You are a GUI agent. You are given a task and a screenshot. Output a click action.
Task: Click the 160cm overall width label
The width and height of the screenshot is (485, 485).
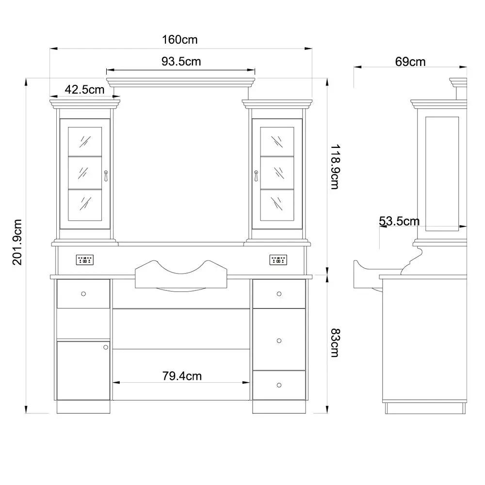pos(180,40)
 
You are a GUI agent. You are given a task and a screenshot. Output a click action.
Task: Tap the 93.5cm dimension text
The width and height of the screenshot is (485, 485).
pos(181,61)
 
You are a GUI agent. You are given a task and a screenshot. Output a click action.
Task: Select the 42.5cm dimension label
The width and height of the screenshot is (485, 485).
pos(84,89)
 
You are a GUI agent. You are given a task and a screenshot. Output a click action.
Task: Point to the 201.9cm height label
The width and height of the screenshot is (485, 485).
pos(17,242)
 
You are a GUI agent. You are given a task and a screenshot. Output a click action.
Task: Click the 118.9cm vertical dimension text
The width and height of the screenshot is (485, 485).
pos(335,167)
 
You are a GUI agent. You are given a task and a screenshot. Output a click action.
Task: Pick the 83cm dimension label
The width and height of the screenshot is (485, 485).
pos(335,343)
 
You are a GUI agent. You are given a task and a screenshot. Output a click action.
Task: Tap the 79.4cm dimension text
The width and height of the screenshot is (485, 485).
pos(182,376)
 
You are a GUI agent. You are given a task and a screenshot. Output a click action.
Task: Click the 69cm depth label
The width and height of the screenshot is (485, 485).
pos(410,62)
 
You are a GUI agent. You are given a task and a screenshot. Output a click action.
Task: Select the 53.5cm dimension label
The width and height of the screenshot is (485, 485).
pos(399,221)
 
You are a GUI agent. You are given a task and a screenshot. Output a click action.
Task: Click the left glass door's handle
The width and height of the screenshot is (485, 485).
pos(106,176)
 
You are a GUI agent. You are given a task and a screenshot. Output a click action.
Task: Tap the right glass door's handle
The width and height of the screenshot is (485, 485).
pos(256,176)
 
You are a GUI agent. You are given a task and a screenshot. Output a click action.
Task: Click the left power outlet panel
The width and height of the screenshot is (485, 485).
pos(85,260)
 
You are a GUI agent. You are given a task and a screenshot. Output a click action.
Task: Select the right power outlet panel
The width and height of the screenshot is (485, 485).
pos(278,260)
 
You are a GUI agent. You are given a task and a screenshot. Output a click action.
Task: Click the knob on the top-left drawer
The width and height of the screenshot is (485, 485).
pos(83,294)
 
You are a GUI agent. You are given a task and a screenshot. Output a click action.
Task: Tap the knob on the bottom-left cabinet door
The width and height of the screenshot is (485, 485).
pos(106,347)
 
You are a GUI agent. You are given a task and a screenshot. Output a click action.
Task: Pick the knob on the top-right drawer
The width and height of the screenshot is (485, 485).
pos(279,294)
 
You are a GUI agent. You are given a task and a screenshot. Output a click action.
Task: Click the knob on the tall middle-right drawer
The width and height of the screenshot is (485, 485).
pos(279,340)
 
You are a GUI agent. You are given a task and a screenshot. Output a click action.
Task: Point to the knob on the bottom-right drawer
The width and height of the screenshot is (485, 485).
pos(279,385)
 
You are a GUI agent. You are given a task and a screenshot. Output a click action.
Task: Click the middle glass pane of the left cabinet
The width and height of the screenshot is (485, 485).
pos(85,173)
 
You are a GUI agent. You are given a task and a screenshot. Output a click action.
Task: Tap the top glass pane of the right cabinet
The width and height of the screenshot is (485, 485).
pos(277,141)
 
